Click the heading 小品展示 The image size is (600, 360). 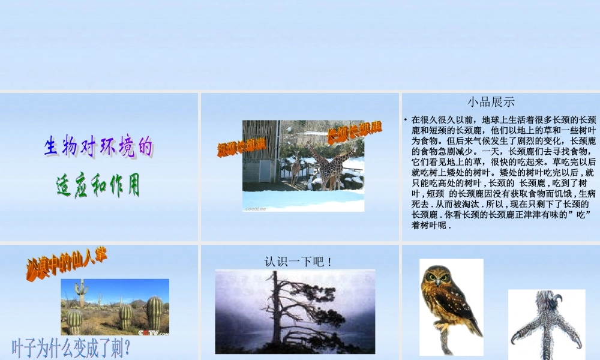(491, 102)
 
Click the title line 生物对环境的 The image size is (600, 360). (98, 146)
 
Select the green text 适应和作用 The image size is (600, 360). (98, 185)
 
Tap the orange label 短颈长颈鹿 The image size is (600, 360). (241, 146)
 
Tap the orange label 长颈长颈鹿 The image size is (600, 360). (354, 132)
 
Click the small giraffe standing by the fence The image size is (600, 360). (295, 167)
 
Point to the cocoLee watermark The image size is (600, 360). (256, 209)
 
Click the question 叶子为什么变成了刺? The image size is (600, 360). (71, 348)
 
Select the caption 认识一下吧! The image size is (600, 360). (299, 262)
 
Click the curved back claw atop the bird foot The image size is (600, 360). (555, 298)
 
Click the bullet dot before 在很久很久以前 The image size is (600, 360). (406, 120)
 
